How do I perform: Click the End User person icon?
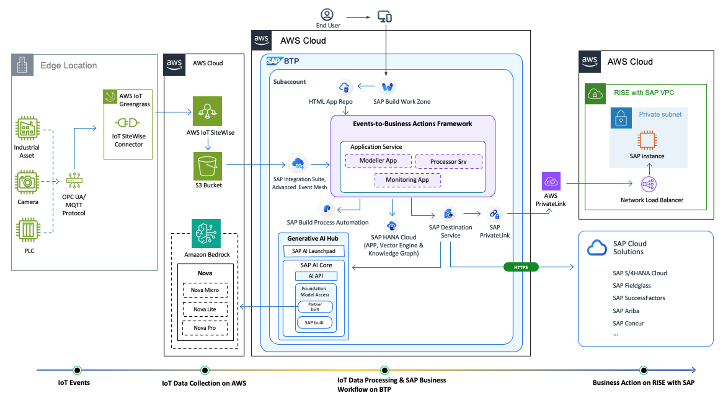(327, 15)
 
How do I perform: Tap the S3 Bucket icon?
(207, 166)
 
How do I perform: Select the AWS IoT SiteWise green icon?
(207, 111)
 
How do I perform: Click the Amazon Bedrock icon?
(206, 233)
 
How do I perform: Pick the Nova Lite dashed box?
(205, 309)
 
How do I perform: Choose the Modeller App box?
(378, 161)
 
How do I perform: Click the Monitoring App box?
(407, 180)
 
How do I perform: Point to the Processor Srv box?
(448, 162)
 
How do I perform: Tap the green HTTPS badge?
(521, 267)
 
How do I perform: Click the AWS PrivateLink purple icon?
(551, 181)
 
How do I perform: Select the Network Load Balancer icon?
(648, 184)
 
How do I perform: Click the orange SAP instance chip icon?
(647, 140)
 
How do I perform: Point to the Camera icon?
(28, 182)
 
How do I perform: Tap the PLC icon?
(28, 230)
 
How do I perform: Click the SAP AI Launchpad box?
(314, 251)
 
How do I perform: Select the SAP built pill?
(314, 323)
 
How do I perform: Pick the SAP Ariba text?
(626, 311)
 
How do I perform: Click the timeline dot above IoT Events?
(77, 370)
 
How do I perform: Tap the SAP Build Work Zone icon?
(387, 87)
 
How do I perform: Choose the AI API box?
(316, 276)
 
